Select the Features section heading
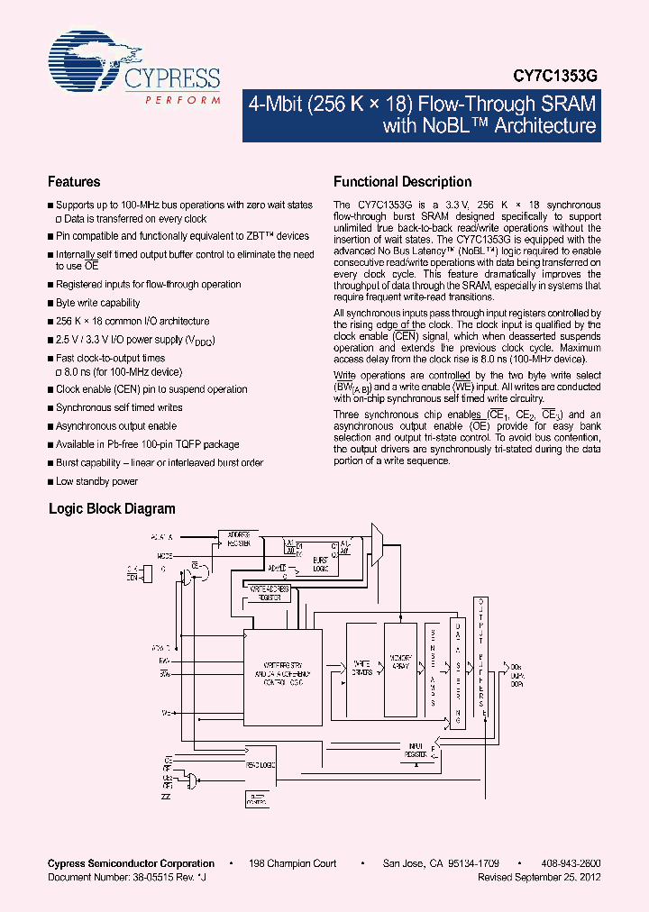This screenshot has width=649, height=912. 74,181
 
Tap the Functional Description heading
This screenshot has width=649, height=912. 402,181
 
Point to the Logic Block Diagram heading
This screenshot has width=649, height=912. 112,508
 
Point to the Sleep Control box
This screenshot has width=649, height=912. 259,796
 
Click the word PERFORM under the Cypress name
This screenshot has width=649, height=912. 183,100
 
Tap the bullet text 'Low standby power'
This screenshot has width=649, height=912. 96,481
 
